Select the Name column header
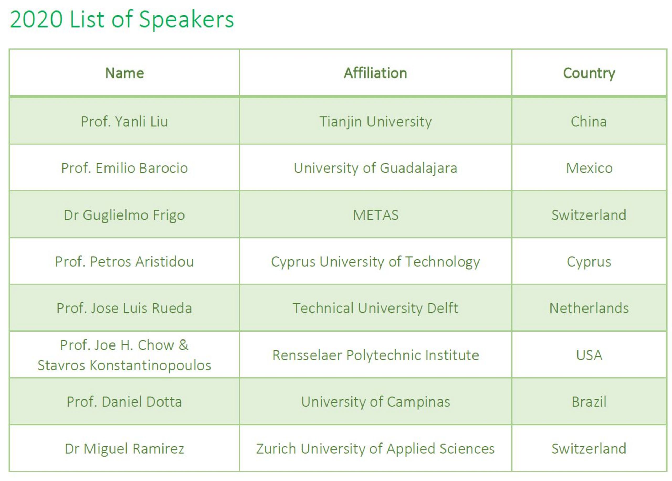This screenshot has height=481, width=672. click(x=124, y=73)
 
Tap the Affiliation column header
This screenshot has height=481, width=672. click(x=375, y=73)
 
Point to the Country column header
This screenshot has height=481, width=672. click(x=589, y=73)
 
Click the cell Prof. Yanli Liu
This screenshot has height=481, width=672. click(x=124, y=122)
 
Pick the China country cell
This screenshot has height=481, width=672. click(x=589, y=122)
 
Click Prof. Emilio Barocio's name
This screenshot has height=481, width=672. click(x=124, y=168)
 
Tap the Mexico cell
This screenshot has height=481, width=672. click(x=589, y=168)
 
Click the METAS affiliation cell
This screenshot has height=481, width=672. click(x=376, y=215)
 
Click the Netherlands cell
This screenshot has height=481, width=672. click(x=589, y=308)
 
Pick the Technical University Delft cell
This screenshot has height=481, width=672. click(x=375, y=308)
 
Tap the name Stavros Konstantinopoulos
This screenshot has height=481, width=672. click(x=124, y=365)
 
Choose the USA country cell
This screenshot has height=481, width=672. click(x=589, y=355)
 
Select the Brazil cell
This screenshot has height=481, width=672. click(x=589, y=402)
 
